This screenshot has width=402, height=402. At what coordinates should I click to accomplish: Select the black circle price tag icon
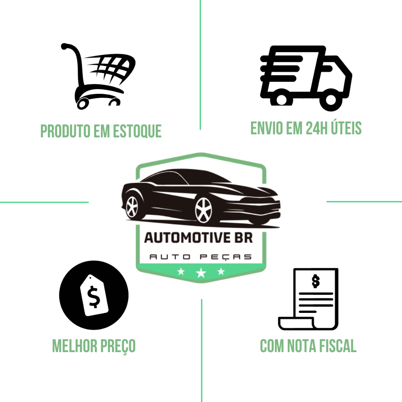click(x=94, y=295)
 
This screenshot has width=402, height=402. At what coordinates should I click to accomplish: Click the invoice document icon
click(x=309, y=299)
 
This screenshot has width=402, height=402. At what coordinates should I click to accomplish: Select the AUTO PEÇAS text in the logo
click(x=201, y=257)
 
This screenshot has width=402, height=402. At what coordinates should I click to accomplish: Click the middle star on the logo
click(x=201, y=272)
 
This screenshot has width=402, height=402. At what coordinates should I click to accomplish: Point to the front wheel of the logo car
click(x=204, y=210)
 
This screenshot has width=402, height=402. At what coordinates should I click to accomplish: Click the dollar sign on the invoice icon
click(x=316, y=281)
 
